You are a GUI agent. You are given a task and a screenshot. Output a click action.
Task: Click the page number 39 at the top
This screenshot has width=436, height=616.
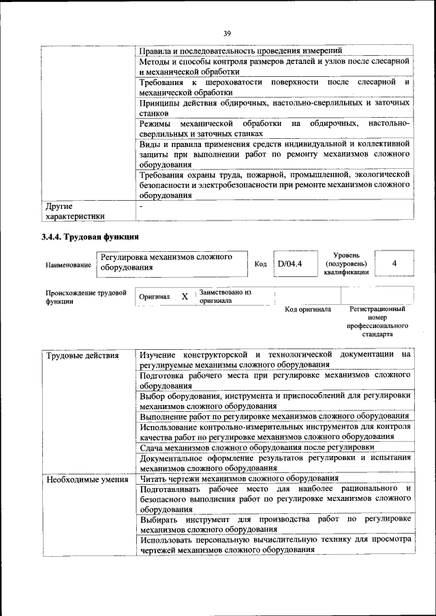pos(227,31)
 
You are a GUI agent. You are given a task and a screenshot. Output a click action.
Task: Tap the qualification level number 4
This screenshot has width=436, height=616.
pos(394,263)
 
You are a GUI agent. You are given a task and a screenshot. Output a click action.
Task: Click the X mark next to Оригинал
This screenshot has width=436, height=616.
pos(185,297)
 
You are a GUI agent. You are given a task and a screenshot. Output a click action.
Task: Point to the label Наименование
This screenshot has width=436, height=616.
pos(68,264)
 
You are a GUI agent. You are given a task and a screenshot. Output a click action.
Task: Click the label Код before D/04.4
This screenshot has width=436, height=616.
pos(260,264)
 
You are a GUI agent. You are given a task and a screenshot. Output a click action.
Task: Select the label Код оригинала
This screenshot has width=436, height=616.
pos(308,310)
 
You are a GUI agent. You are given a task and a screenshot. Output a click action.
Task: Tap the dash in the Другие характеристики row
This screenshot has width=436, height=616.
pos(142,205)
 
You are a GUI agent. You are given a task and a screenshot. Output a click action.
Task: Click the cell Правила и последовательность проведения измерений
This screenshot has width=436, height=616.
pos(240,51)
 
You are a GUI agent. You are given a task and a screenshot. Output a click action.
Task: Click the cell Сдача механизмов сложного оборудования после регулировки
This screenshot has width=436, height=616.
pos(257,447)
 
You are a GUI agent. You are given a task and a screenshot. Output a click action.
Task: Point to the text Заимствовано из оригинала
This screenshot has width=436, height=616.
pos(225,296)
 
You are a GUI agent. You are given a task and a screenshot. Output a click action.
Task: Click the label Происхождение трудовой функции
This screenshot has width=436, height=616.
pos(86,297)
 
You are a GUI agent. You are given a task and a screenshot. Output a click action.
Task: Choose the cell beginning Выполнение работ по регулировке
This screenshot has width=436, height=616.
pos(274,416)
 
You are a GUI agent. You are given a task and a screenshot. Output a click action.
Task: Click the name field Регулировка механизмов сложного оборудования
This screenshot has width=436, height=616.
pos(166,262)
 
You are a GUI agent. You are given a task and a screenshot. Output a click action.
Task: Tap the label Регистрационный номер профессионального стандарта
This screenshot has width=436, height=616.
pos(377,321)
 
